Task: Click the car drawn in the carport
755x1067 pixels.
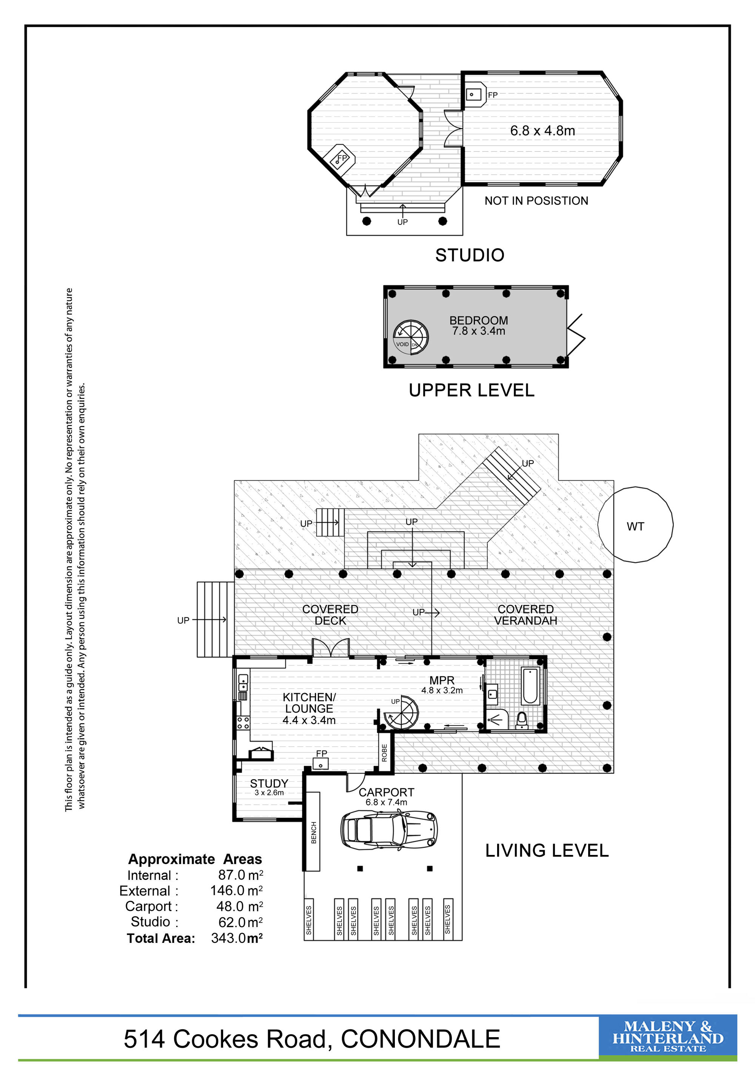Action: coord(389,830)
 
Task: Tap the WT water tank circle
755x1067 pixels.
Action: coord(635,525)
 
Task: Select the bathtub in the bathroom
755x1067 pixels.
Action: coord(530,686)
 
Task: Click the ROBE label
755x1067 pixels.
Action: coord(384,753)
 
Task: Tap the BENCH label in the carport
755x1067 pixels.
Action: coord(314,832)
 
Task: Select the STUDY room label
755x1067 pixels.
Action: coord(269,784)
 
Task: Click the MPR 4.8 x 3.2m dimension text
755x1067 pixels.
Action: coord(442,690)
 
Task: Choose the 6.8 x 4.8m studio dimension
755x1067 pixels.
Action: coord(542,131)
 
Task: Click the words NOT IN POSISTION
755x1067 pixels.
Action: coord(536,201)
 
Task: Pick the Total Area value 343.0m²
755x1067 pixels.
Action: coord(237,938)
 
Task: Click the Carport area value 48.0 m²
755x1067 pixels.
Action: coord(239,906)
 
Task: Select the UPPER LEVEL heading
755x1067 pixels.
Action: coord(471,391)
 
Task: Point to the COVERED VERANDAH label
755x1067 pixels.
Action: coord(525,615)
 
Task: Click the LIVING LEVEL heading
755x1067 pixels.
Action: coord(547,851)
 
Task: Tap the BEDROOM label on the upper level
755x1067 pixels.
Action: coord(478,321)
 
